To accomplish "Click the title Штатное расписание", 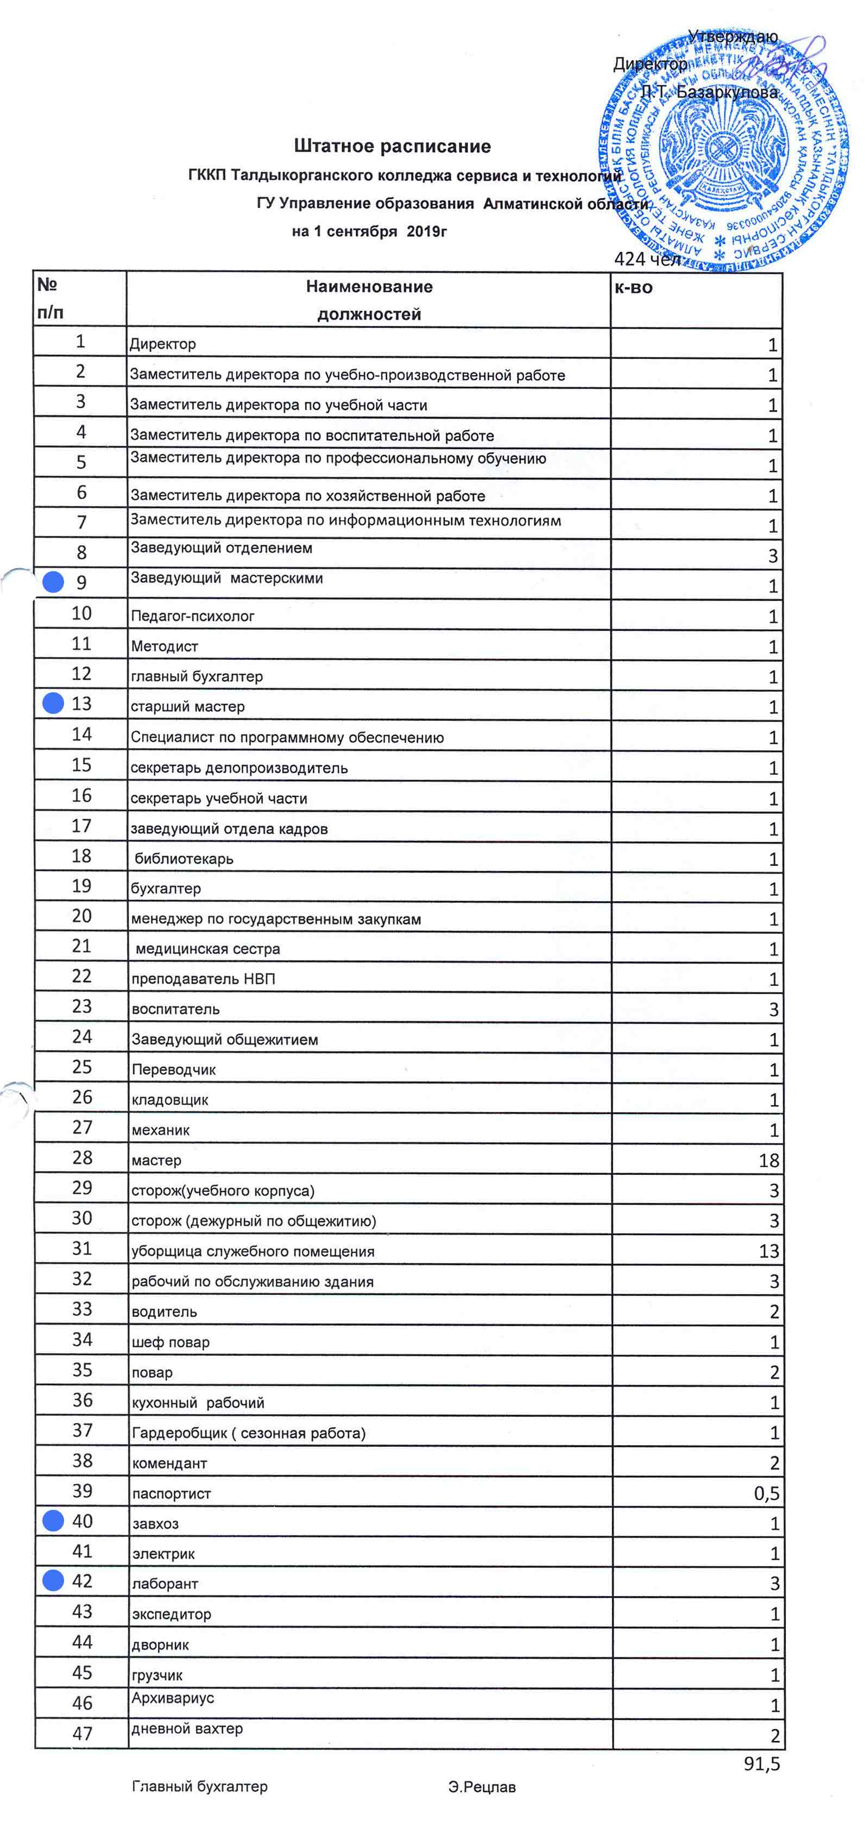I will [392, 147].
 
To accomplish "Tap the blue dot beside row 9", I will [53, 582].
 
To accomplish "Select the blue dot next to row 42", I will [53, 1581].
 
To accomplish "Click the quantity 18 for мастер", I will [768, 1161].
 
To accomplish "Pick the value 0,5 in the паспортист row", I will [766, 1493].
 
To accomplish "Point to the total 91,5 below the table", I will [761, 1764].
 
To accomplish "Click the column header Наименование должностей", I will [369, 300].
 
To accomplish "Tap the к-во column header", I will [634, 287].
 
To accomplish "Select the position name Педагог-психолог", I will [192, 616].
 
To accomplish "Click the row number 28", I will [82, 1158].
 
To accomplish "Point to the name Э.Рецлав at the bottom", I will [482, 1787].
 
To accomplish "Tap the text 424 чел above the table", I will [647, 259].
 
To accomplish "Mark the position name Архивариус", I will [173, 1698].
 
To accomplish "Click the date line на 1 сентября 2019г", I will [369, 231].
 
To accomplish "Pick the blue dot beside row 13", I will [53, 703].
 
